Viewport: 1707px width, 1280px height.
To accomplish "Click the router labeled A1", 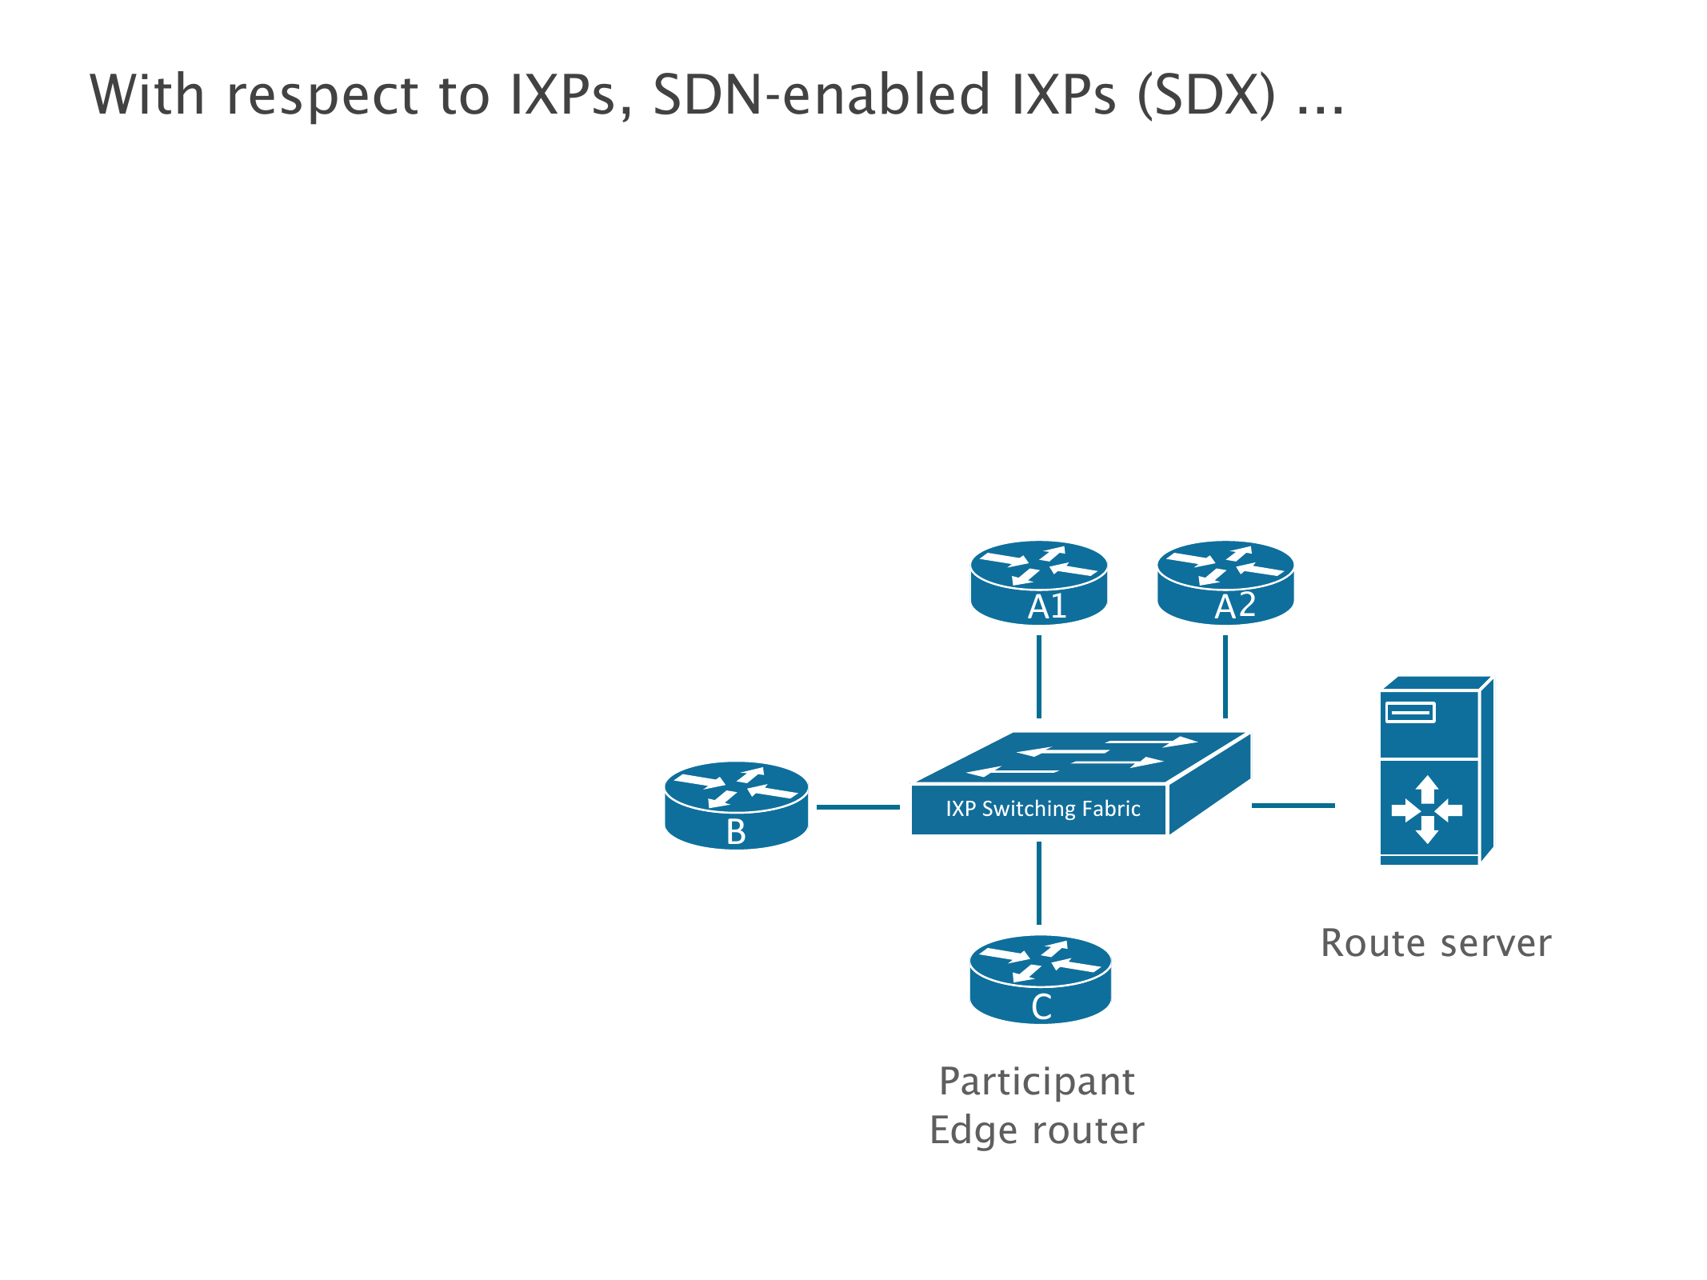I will click(x=1038, y=582).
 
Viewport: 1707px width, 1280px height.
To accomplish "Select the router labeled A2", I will click(x=1225, y=582).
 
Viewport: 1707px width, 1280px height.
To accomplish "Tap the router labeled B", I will click(x=736, y=805).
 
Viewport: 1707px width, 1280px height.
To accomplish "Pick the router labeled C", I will click(x=1040, y=979).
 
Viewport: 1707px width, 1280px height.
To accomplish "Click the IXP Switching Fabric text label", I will click(x=1042, y=809).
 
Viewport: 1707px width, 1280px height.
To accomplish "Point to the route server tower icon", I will click(x=1436, y=771).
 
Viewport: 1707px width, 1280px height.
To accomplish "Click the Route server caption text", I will click(x=1436, y=943).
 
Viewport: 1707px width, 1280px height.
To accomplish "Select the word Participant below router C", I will click(x=1037, y=1082).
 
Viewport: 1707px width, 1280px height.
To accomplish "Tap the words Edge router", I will click(x=1037, y=1130).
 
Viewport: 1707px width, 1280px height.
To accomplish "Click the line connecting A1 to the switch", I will click(x=1038, y=677).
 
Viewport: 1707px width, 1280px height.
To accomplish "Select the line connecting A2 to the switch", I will click(x=1225, y=677).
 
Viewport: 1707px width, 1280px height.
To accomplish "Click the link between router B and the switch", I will click(x=857, y=807).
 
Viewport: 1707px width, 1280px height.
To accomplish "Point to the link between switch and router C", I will click(x=1038, y=883).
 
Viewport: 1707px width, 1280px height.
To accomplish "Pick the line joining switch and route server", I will click(x=1293, y=806).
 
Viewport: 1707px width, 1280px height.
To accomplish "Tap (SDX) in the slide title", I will click(x=1206, y=95).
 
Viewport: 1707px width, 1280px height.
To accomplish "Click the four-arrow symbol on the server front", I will click(x=1427, y=810).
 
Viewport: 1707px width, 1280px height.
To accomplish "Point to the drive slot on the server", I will click(x=1410, y=712).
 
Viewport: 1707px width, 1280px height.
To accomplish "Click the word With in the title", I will click(x=147, y=95).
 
